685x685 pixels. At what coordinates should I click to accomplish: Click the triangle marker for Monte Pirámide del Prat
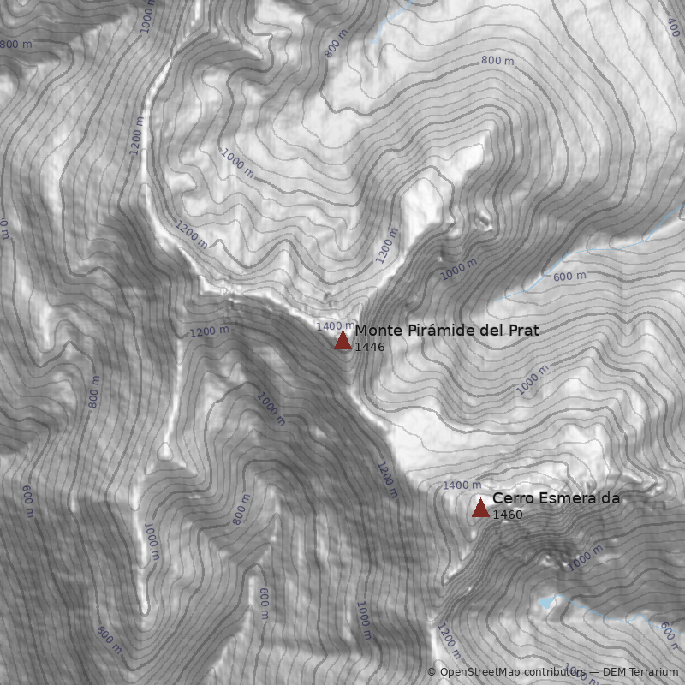coord(342,341)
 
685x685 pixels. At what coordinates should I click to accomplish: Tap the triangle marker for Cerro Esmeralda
coord(480,509)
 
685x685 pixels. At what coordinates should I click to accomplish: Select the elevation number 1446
coord(369,348)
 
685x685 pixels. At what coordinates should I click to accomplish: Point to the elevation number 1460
coord(507,515)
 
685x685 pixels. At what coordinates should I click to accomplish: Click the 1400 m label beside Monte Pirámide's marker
coord(335,326)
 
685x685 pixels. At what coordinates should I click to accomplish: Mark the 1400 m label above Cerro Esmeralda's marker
coord(462,486)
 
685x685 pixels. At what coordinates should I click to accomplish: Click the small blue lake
coord(546,602)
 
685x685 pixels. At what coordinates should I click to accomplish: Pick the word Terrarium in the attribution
coord(653,672)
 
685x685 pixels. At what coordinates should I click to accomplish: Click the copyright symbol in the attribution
coord(432,672)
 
